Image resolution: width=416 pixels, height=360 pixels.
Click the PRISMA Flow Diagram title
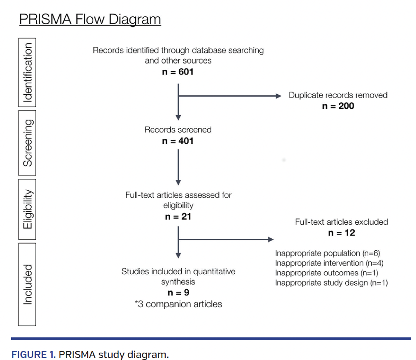point(90,19)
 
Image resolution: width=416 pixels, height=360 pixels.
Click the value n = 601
point(178,72)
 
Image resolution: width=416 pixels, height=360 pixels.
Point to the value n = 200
point(338,106)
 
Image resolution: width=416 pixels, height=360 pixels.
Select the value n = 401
point(178,141)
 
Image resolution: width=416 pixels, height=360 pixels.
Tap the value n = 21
point(178,216)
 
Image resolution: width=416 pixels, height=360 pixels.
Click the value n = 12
point(341,233)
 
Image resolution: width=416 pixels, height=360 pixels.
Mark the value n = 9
point(178,293)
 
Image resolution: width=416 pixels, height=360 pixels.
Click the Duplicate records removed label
point(338,95)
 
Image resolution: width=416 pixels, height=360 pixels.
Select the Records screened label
point(178,130)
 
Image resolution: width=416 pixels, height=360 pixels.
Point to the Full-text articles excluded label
point(341,222)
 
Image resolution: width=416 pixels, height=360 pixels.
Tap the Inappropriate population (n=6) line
point(330,253)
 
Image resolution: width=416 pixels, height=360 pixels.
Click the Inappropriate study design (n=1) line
point(331,283)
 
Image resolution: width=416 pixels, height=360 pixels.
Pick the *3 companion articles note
point(178,304)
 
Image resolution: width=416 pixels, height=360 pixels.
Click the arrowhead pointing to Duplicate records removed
point(278,96)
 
